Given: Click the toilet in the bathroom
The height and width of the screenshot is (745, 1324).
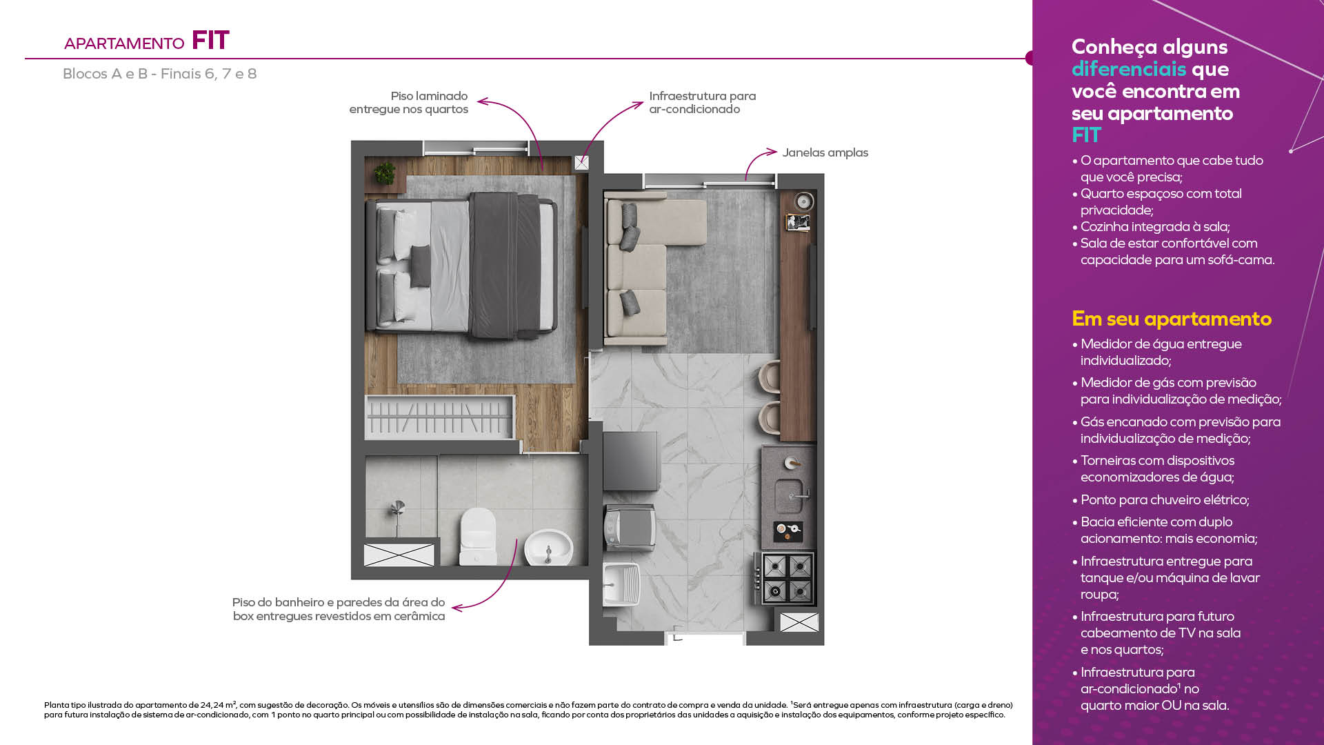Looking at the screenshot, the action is pyautogui.click(x=478, y=537).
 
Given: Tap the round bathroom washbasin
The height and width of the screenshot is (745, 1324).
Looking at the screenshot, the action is pyautogui.click(x=548, y=548).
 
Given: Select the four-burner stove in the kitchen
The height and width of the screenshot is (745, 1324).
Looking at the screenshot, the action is pyautogui.click(x=788, y=578).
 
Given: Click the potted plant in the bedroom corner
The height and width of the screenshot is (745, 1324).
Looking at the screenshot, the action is pyautogui.click(x=384, y=173).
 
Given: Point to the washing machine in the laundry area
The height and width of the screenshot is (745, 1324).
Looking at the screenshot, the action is pyautogui.click(x=630, y=528).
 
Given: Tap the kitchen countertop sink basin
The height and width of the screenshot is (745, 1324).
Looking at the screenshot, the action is pyautogui.click(x=789, y=495).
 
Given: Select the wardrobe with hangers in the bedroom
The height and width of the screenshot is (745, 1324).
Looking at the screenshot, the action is pyautogui.click(x=439, y=417).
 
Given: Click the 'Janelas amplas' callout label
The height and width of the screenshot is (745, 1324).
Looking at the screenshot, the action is pyautogui.click(x=825, y=152).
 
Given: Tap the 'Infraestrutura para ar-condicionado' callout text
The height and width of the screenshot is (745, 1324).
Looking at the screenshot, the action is pyautogui.click(x=702, y=103).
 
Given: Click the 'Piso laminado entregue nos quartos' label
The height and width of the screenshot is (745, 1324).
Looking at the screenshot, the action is pyautogui.click(x=408, y=103).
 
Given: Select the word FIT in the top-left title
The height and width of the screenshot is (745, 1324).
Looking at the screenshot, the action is pyautogui.click(x=210, y=41).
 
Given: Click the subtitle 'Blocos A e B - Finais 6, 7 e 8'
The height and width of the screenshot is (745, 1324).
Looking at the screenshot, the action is pyautogui.click(x=159, y=74).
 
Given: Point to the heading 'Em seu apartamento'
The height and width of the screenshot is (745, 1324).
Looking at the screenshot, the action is pyautogui.click(x=1172, y=319).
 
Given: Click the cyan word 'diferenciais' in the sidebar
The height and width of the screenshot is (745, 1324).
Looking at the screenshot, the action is pyautogui.click(x=1129, y=69).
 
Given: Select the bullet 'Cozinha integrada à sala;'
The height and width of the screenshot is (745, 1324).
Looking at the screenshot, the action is pyautogui.click(x=1151, y=226).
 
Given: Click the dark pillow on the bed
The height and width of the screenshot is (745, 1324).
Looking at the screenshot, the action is pyautogui.click(x=420, y=266).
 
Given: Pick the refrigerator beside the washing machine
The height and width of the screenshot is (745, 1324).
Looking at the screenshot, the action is pyautogui.click(x=630, y=461).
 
